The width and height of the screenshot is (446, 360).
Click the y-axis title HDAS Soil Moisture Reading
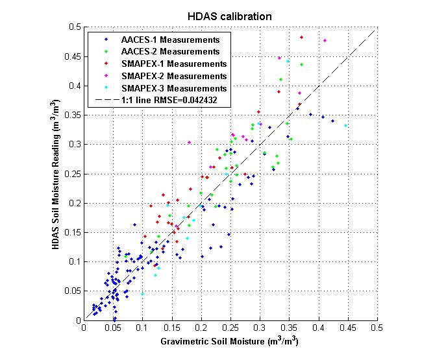[57, 174]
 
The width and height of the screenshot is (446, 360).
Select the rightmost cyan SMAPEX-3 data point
[346, 126]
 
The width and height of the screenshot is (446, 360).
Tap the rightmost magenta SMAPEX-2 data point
[325, 41]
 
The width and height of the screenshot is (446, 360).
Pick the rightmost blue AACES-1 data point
[333, 121]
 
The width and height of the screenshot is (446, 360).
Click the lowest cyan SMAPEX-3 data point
[142, 294]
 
